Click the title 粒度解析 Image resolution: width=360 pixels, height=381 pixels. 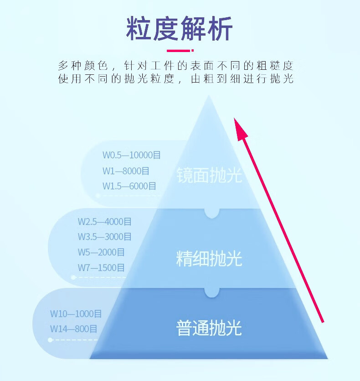[x=180, y=28]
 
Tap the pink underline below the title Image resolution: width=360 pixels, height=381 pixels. [x=180, y=51]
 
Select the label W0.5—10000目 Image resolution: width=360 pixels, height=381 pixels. [x=132, y=155]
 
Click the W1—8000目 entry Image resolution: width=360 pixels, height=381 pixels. [x=126, y=171]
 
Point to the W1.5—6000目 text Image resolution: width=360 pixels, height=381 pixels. [x=129, y=186]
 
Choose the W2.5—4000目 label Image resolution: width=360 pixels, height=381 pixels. [x=105, y=222]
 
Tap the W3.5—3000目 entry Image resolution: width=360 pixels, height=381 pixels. [x=105, y=237]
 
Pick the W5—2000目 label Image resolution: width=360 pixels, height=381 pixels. [x=101, y=252]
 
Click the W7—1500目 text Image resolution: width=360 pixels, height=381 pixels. [x=101, y=268]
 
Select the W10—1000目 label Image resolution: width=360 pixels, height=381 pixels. [x=76, y=314]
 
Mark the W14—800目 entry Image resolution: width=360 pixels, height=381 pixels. [x=73, y=329]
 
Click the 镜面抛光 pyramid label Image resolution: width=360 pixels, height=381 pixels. [x=209, y=175]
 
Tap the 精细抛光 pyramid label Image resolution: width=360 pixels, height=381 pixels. [x=209, y=259]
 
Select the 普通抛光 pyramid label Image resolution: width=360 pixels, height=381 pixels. [x=209, y=328]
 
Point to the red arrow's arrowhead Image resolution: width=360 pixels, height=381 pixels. [x=240, y=129]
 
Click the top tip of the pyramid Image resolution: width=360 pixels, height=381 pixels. [x=209, y=95]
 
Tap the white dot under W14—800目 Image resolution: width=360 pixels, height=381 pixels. [x=50, y=340]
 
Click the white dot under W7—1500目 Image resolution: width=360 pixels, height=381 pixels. [x=73, y=277]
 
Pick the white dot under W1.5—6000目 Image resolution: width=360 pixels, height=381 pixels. [x=98, y=195]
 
